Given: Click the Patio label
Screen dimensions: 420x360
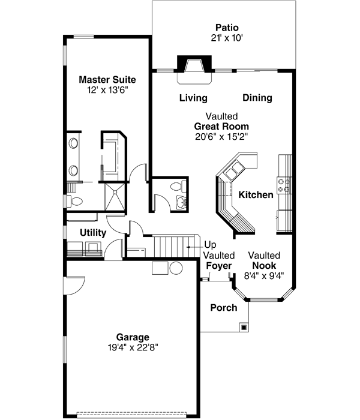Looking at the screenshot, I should [x=227, y=28].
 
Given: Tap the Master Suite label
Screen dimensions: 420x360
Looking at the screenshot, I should [x=107, y=79].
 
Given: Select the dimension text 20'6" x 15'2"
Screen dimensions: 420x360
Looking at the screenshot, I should [x=221, y=136].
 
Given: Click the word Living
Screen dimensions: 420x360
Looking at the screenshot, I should [x=193, y=98].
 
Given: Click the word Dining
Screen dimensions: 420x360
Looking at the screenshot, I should [x=257, y=98].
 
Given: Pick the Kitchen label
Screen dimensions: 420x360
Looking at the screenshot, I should [x=256, y=195].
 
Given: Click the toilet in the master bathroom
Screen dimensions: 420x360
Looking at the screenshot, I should [x=71, y=200].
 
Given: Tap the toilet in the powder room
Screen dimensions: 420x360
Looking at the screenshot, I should [x=175, y=187].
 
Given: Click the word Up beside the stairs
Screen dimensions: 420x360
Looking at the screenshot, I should [x=211, y=245].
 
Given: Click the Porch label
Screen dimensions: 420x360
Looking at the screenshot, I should [x=223, y=308].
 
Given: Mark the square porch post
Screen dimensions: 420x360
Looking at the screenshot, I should [x=244, y=327].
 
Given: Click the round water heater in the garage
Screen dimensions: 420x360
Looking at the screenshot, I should [x=175, y=268].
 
